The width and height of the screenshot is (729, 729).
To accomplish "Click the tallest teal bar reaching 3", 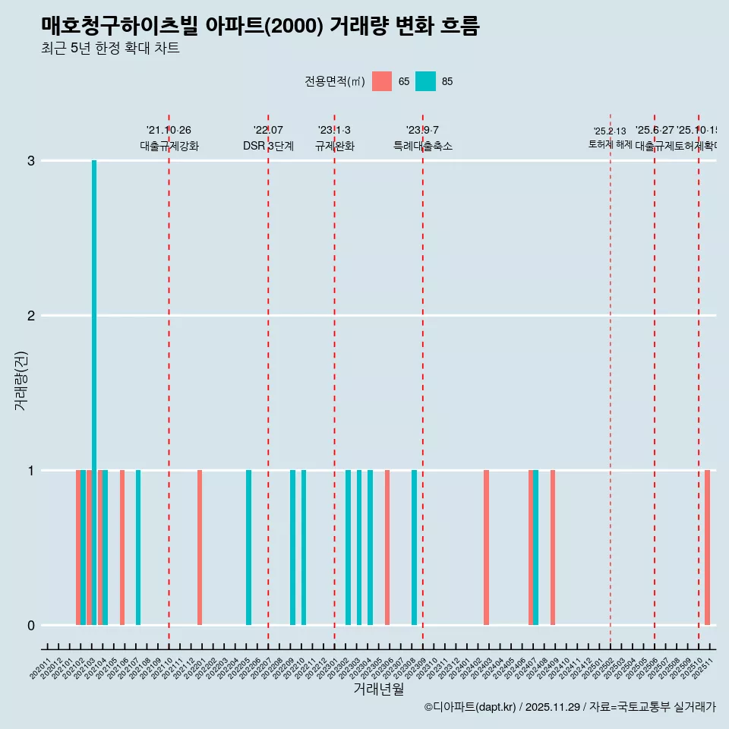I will pyautogui.click(x=94, y=392).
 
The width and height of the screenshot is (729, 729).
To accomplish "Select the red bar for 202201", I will pyautogui.click(x=200, y=548).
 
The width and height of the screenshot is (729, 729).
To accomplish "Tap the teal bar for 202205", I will pyautogui.click(x=248, y=548).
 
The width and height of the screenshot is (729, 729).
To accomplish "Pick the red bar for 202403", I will pyautogui.click(x=486, y=548).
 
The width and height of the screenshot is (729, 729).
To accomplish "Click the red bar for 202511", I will pyautogui.click(x=707, y=548).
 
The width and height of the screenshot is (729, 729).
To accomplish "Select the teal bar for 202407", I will pyautogui.click(x=536, y=548).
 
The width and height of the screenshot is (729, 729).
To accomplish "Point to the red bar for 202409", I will pyautogui.click(x=553, y=548).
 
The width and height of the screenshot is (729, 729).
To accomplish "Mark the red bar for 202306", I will pyautogui.click(x=387, y=548).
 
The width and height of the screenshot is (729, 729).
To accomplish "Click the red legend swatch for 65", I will pyautogui.click(x=382, y=81).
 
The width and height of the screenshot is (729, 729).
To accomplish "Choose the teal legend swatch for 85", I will pyautogui.click(x=426, y=81).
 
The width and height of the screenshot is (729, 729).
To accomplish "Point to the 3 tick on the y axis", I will pyautogui.click(x=31, y=160).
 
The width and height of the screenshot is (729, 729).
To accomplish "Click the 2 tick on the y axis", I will pyautogui.click(x=31, y=315).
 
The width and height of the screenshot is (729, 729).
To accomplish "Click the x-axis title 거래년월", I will pyautogui.click(x=378, y=690).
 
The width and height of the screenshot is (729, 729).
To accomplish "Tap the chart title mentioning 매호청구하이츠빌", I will pyautogui.click(x=260, y=26).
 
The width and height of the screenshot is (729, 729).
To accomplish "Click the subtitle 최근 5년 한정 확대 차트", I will pyautogui.click(x=110, y=49).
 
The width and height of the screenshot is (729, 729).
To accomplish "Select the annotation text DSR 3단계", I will pyautogui.click(x=268, y=146).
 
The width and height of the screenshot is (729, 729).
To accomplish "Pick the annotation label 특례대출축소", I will pyautogui.click(x=422, y=146).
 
